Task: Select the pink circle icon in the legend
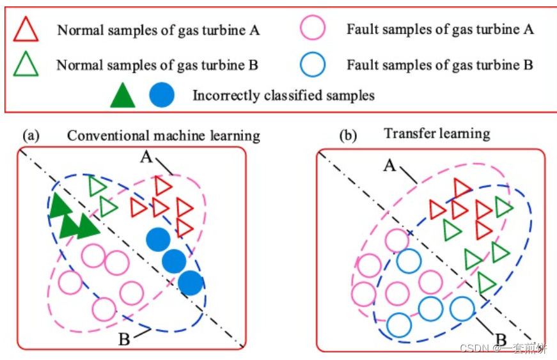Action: [x=313, y=29]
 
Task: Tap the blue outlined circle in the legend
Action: [x=313, y=64]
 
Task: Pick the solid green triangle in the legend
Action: [x=123, y=96]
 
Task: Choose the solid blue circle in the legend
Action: [x=161, y=96]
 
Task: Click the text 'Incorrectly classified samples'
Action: [x=283, y=96]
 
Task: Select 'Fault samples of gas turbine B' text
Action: [x=440, y=65]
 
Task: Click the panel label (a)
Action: [x=32, y=136]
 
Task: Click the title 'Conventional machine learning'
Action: [x=164, y=136]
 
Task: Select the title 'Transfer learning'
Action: [x=437, y=134]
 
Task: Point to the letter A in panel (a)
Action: [x=146, y=157]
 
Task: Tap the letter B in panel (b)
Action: [x=503, y=340]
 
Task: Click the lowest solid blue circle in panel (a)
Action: [x=191, y=283]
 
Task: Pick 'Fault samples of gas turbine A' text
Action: [x=440, y=29]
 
